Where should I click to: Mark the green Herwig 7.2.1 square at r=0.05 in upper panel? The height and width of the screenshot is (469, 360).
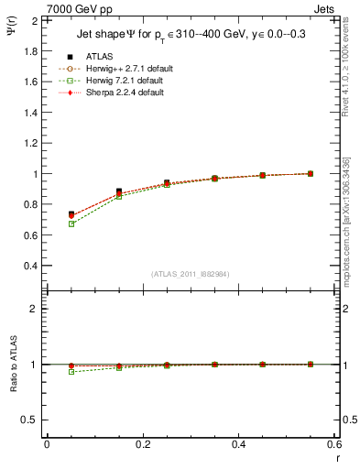pyautogui.click(x=71, y=224)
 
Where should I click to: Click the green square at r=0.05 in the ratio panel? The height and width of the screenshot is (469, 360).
pyautogui.click(x=71, y=372)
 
